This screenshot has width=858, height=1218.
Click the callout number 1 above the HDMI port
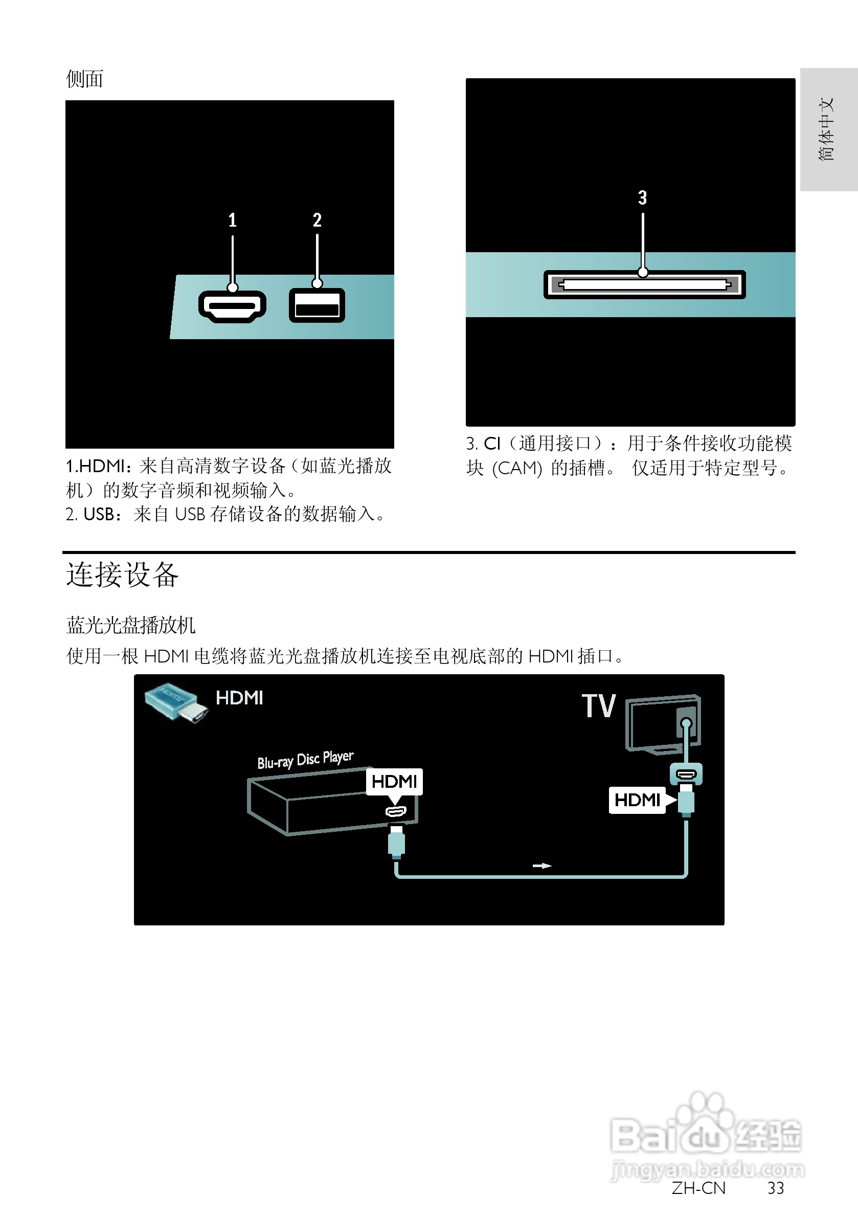tap(232, 220)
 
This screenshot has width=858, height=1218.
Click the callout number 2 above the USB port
tap(317, 220)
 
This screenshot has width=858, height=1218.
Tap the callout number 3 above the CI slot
tap(642, 198)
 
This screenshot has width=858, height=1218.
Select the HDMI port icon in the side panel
tap(232, 306)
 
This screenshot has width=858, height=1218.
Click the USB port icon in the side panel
tap(317, 305)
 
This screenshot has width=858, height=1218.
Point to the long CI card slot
tap(644, 285)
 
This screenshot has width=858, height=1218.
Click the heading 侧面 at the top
tap(84, 79)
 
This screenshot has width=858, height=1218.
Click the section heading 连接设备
tap(123, 575)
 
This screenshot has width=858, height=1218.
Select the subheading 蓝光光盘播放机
tap(130, 626)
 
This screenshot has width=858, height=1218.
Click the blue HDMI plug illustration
tap(175, 701)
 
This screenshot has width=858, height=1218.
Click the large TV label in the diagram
tap(599, 706)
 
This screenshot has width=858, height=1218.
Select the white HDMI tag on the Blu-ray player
tap(394, 782)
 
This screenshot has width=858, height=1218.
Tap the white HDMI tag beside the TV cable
tap(637, 800)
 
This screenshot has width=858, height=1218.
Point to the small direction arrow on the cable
tap(542, 866)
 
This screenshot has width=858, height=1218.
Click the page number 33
tap(775, 1188)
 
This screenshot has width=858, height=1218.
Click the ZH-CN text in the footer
tap(698, 1188)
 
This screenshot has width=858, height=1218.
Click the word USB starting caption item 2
tap(99, 514)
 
